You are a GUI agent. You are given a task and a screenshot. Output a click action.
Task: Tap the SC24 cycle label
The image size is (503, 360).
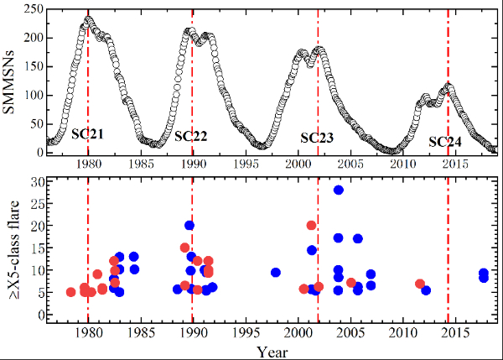pos(445,141)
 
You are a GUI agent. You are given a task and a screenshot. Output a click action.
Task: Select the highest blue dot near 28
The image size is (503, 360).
pos(339,190)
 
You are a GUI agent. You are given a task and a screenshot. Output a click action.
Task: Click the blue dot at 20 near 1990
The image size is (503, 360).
pos(189,225)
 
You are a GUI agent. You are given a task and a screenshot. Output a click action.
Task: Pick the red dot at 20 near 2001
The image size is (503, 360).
pos(312,225)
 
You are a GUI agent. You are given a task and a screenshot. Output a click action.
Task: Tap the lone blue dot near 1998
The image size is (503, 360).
pos(275,272)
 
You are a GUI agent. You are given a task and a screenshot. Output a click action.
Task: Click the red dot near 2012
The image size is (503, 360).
pos(420,284)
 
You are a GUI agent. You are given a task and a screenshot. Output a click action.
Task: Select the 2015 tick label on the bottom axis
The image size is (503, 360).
pos(456,331)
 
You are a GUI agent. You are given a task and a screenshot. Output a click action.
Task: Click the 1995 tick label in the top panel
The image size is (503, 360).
pos(246,165)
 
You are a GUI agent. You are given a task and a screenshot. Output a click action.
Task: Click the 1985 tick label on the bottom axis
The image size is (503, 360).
pos(141,331)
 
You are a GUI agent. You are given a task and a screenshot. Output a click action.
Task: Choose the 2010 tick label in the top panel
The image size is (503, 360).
pos(403,165)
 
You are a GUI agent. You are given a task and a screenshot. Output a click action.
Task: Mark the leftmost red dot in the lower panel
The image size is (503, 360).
pos(71,292)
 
